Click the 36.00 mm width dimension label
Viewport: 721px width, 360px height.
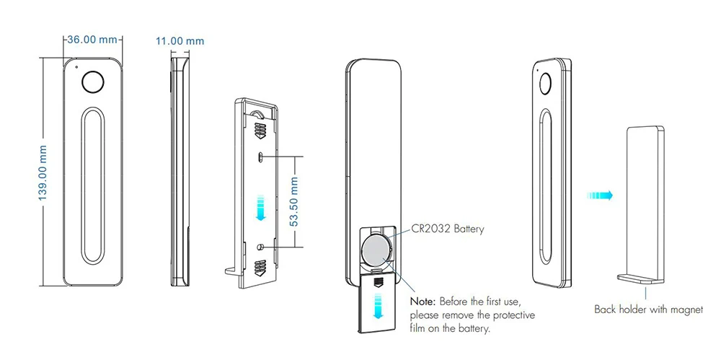coord(91,40)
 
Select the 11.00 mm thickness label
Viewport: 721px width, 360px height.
coord(180,41)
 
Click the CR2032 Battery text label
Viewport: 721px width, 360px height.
coord(449,229)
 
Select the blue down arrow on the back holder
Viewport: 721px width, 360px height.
coord(261,207)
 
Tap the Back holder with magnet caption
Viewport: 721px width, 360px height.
coord(648,310)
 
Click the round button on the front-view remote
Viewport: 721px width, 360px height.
coord(91,82)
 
